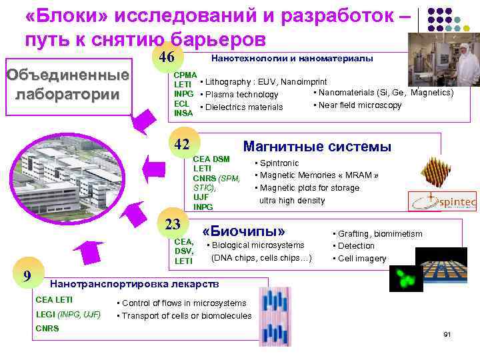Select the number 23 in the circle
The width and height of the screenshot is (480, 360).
[x=173, y=225]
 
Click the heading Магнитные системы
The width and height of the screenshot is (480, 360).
[x=317, y=147]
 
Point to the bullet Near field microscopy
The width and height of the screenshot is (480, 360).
[x=359, y=105]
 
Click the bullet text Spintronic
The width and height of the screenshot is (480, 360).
[x=279, y=163]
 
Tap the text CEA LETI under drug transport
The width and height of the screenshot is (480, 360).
[x=54, y=300]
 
